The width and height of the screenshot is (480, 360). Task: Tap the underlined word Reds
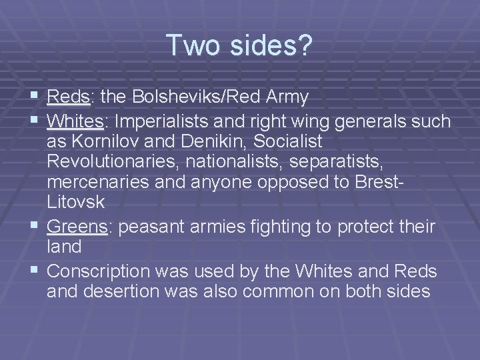[68, 98]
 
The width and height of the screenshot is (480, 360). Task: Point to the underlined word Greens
[77, 227]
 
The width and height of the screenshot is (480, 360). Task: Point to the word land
[64, 247]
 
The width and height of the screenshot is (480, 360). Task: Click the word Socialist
[287, 142]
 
